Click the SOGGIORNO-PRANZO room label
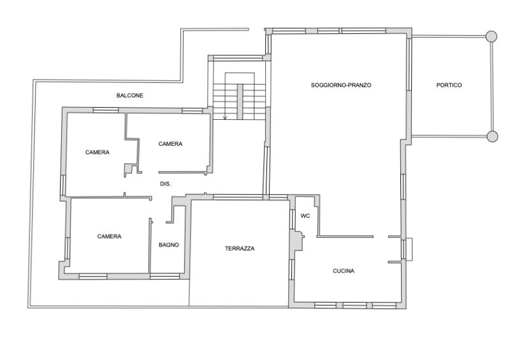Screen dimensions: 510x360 [341, 85]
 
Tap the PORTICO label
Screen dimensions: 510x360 [449, 85]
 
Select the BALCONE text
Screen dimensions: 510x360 [130, 96]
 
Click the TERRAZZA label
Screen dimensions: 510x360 [240, 248]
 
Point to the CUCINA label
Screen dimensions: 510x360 [344, 271]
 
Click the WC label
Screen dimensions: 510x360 [305, 216]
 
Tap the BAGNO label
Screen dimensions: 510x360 [169, 245]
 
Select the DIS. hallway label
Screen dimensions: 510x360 [165, 184]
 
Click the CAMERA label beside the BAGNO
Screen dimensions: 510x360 [109, 236]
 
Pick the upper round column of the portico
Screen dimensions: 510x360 [491, 36]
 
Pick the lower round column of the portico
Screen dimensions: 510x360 [492, 136]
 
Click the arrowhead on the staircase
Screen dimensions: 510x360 [225, 117]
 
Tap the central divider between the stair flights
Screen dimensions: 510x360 [240, 102]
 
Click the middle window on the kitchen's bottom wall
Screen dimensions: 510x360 [354, 305]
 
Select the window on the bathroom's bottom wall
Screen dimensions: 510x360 [164, 277]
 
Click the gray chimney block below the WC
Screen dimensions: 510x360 [297, 241]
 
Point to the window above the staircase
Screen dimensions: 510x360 [238, 59]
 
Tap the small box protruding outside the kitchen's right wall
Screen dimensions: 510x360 [409, 249]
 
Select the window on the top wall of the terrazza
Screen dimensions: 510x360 [238, 197]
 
